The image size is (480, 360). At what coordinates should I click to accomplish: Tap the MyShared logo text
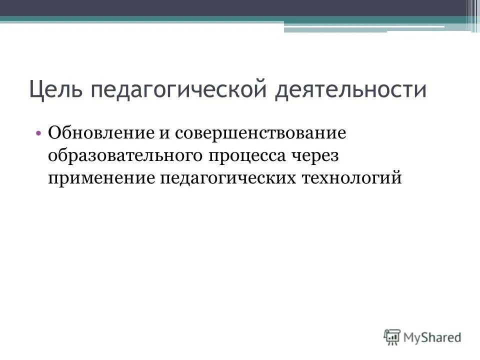(x=432, y=336)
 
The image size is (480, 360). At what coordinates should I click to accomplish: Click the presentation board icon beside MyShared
(x=392, y=336)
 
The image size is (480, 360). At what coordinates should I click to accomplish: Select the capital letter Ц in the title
(x=36, y=90)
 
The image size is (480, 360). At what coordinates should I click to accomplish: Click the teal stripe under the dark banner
(x=150, y=19)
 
